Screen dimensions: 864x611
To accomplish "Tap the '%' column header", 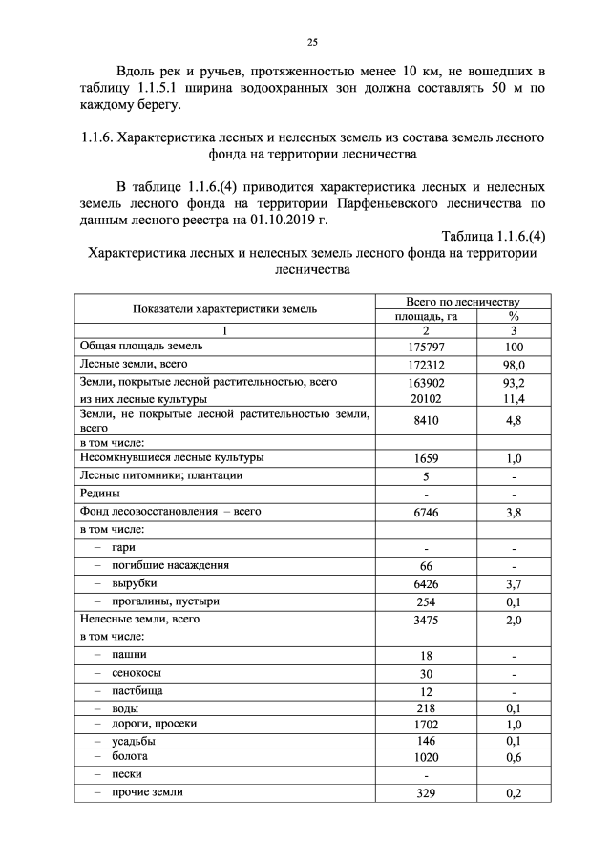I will tap(514, 315).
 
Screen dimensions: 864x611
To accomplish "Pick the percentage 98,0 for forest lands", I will tap(514, 365).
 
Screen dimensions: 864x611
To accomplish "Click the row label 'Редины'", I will tap(99, 494).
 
